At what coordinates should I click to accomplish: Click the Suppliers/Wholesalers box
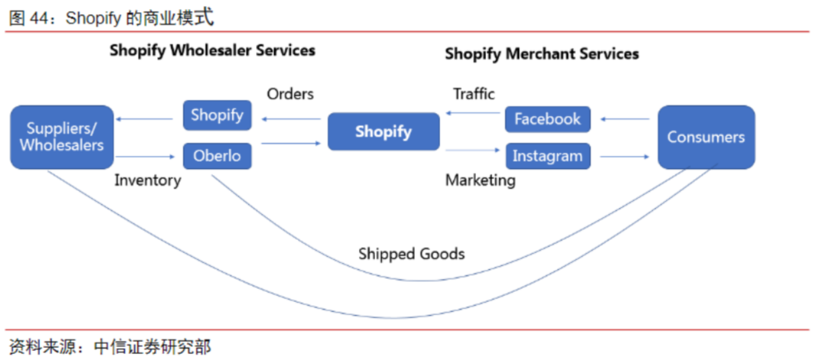point(61,137)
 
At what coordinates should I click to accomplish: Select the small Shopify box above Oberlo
point(217,115)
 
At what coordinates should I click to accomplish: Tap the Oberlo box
point(217,156)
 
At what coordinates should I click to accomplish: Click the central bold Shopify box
point(383,131)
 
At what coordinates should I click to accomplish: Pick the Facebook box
point(547,119)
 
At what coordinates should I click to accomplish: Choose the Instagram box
point(547,156)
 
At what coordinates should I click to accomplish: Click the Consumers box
point(705,137)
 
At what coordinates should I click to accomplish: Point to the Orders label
point(290,94)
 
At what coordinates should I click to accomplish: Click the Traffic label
point(474,94)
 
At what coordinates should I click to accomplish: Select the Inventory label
point(147,180)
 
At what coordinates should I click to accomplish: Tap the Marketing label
point(480,180)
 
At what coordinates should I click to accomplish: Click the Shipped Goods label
point(411,254)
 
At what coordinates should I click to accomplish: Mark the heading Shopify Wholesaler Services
point(212,50)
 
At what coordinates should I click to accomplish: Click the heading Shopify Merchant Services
point(542,54)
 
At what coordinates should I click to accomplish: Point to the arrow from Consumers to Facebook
point(624,118)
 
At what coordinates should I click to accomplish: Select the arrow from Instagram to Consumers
point(624,157)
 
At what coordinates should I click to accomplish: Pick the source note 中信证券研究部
point(152,347)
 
